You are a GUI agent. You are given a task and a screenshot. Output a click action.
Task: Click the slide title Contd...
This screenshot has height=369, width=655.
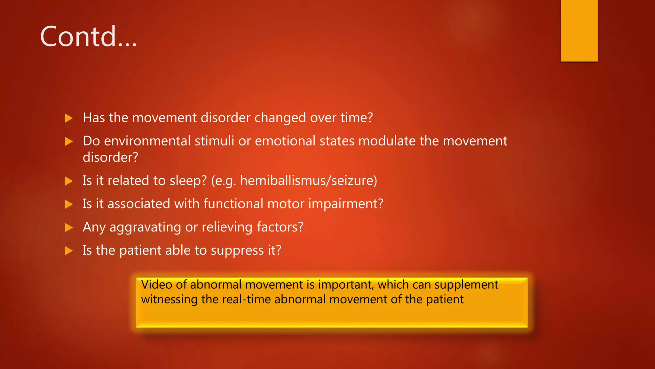[88, 37]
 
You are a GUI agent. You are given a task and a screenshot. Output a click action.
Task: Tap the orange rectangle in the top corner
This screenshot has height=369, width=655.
[579, 30]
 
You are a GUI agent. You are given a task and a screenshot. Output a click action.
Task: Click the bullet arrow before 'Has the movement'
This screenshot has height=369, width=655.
[69, 118]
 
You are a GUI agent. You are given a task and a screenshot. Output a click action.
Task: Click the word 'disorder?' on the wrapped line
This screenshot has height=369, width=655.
[110, 157]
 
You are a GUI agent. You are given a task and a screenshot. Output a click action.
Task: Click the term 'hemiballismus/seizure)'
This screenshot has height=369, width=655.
[309, 181]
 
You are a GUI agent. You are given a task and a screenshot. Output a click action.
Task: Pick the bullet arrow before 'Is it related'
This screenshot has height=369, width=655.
[69, 181]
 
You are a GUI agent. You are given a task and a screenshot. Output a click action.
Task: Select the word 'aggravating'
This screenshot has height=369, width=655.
[145, 227]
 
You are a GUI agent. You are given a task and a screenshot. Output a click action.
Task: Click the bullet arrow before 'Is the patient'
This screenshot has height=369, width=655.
[69, 250]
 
